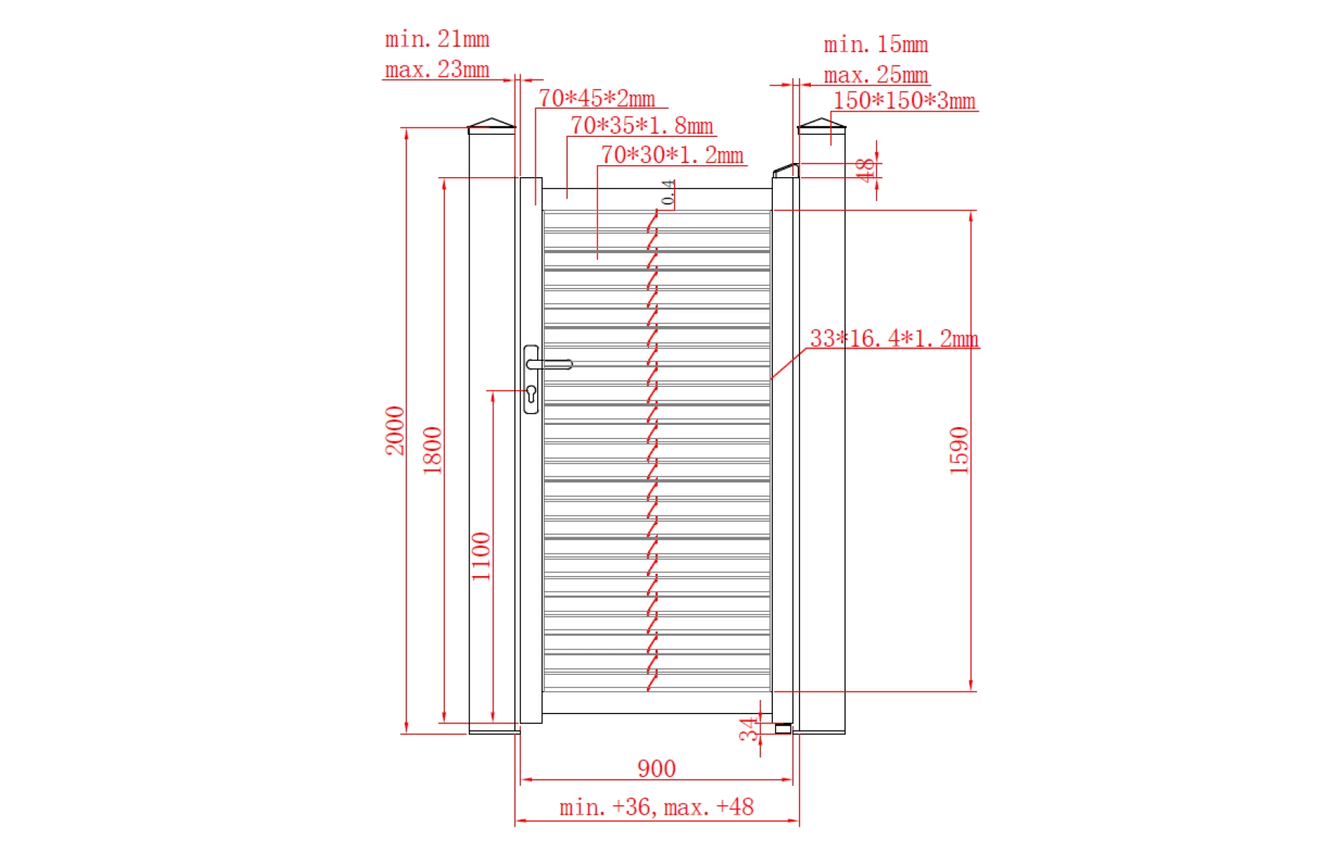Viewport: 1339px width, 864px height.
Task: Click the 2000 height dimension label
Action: pyautogui.click(x=394, y=430)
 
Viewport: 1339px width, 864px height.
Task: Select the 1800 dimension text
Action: pyautogui.click(x=432, y=450)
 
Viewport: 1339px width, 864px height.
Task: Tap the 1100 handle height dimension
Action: pyautogui.click(x=481, y=556)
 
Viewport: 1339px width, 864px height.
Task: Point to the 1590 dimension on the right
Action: pyautogui.click(x=959, y=450)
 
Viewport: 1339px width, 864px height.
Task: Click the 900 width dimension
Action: pyautogui.click(x=656, y=768)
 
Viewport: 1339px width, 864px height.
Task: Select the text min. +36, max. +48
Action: pyautogui.click(x=656, y=807)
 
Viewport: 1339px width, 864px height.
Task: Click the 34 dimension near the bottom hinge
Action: pyautogui.click(x=748, y=729)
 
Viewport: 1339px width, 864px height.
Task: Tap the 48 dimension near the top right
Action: pyautogui.click(x=864, y=170)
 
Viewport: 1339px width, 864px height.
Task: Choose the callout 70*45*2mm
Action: pyautogui.click(x=597, y=98)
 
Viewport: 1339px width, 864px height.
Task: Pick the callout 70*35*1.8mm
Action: pyautogui.click(x=641, y=126)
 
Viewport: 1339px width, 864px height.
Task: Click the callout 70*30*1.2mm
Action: pyautogui.click(x=672, y=155)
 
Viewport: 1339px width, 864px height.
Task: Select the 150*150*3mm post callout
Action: pyautogui.click(x=904, y=100)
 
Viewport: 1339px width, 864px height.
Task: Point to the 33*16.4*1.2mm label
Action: pyautogui.click(x=893, y=339)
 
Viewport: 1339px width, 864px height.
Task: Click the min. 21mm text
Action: pyautogui.click(x=437, y=39)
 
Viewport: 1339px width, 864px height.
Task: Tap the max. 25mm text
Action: pyautogui.click(x=876, y=74)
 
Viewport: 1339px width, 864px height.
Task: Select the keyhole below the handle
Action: pyautogui.click(x=531, y=392)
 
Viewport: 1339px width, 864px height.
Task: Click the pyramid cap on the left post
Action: pyautogui.click(x=491, y=124)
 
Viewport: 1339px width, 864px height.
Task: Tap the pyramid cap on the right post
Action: pyautogui.click(x=821, y=124)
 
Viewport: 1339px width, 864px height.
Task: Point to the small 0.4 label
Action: pyautogui.click(x=668, y=192)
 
